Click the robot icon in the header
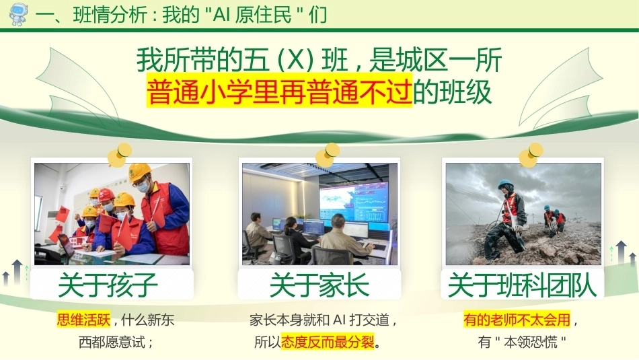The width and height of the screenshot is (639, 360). (18, 14)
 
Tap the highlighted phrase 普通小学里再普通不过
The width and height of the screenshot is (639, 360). (280, 92)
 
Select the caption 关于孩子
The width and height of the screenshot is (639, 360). (108, 285)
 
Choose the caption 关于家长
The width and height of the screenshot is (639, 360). (319, 285)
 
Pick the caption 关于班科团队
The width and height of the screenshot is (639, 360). (523, 285)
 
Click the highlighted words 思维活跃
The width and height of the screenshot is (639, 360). (84, 320)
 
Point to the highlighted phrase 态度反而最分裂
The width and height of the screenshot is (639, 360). (328, 342)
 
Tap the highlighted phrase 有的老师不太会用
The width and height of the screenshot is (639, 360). (517, 320)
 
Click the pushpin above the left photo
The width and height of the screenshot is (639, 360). (120, 155)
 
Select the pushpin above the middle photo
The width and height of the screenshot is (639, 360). (327, 155)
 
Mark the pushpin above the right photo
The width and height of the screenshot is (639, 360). (531, 155)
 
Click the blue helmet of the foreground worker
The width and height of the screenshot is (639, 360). (505, 184)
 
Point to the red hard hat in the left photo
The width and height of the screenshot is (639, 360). (107, 194)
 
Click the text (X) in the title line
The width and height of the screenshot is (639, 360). (295, 61)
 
